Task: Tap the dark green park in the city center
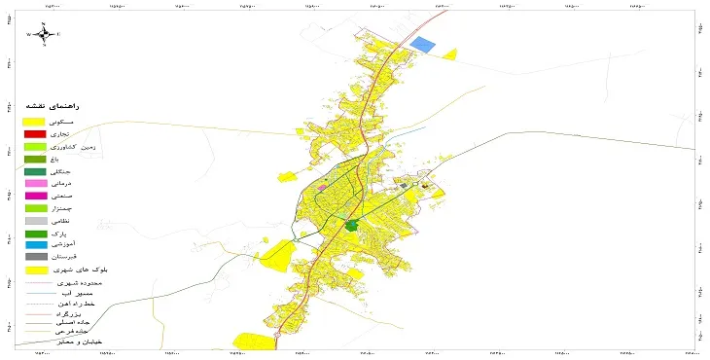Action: click(351, 226)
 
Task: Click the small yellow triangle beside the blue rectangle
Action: click(449, 54)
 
